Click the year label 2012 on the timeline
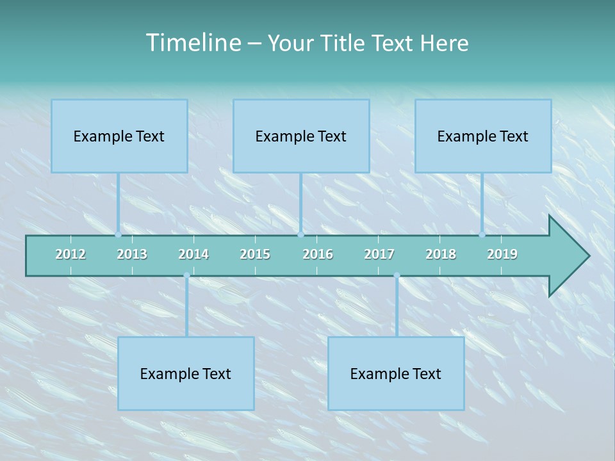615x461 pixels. click(70, 254)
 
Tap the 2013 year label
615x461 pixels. click(132, 254)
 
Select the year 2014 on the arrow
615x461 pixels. click(193, 254)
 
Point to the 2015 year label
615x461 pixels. click(255, 254)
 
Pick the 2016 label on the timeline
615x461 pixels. click(318, 254)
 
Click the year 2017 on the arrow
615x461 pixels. click(379, 254)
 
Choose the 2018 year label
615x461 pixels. click(441, 254)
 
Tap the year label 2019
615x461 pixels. click(502, 254)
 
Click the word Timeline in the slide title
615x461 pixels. click(192, 43)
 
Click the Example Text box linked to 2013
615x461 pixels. click(119, 136)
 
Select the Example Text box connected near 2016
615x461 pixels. click(301, 136)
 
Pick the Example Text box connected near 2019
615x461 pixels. click(483, 136)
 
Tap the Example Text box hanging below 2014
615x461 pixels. click(186, 373)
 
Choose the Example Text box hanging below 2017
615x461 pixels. click(396, 373)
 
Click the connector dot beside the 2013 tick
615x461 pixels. click(119, 234)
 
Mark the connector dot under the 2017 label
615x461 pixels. click(397, 275)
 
